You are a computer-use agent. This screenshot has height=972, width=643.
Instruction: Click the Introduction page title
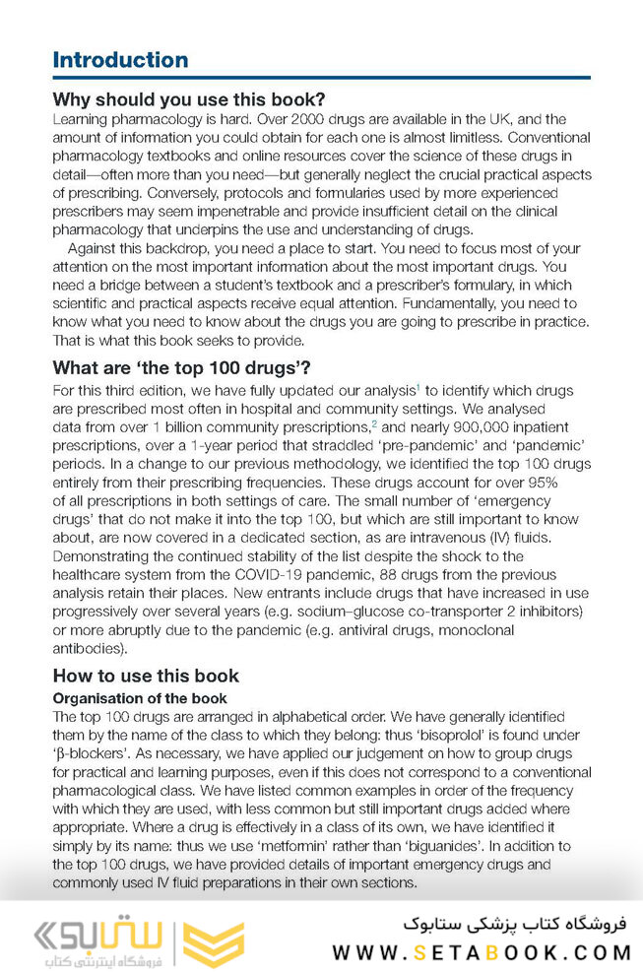pos(120,60)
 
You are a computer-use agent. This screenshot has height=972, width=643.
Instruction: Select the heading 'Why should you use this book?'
pos(188,99)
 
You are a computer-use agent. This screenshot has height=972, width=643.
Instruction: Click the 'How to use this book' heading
pos(145,676)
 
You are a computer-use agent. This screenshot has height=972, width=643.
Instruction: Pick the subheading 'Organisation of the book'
pos(139,698)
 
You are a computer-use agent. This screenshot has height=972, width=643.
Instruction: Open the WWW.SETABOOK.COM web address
pos(482,952)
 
